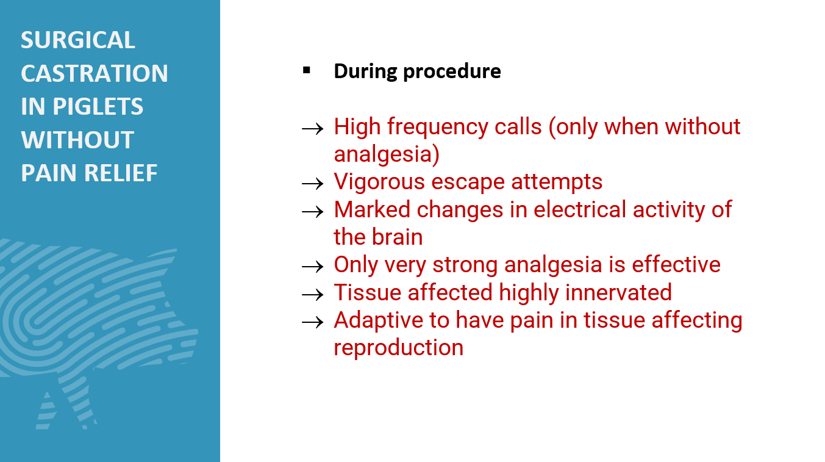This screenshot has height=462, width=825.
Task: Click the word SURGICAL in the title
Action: pos(77,40)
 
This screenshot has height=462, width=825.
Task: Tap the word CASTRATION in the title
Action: pos(95,73)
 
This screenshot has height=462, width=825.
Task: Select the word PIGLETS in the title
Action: pos(98,106)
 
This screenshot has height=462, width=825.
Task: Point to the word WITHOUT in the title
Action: pos(77,140)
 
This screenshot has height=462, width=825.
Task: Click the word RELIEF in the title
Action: pos(121,173)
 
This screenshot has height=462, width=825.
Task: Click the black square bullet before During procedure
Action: pos(307,70)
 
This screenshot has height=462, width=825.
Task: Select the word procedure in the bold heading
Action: pos(452,71)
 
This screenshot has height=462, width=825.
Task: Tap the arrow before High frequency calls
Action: pos(312,129)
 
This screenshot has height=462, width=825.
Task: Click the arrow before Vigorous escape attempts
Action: pos(312,184)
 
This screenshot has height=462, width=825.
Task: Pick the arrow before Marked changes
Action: pos(312,212)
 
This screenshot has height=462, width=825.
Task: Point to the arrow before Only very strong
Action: pos(312,267)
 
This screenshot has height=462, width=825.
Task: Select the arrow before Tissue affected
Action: pos(312,295)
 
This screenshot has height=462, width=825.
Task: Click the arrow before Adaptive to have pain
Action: pos(312,322)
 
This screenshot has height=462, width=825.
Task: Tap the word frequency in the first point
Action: pos(437,128)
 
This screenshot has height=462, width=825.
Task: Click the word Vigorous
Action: pos(379,182)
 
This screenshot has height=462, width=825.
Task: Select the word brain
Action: pos(397,236)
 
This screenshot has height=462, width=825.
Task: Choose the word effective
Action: pos(676,264)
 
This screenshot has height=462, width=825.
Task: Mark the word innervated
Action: pos(618,292)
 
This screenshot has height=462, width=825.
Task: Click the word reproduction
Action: pos(399,348)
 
